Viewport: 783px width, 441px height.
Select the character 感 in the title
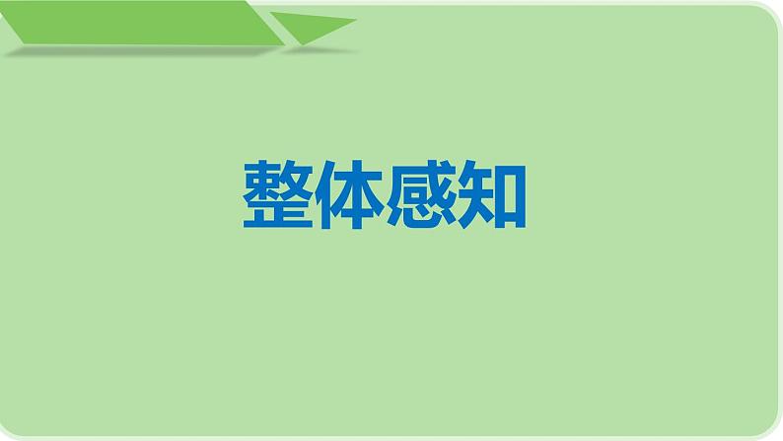tap(421, 196)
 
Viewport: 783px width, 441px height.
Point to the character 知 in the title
tap(491, 196)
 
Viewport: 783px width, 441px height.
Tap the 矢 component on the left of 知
tap(475, 196)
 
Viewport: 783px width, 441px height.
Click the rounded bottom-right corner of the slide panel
tap(767, 426)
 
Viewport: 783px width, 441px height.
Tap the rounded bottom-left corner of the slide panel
tap(14, 426)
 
